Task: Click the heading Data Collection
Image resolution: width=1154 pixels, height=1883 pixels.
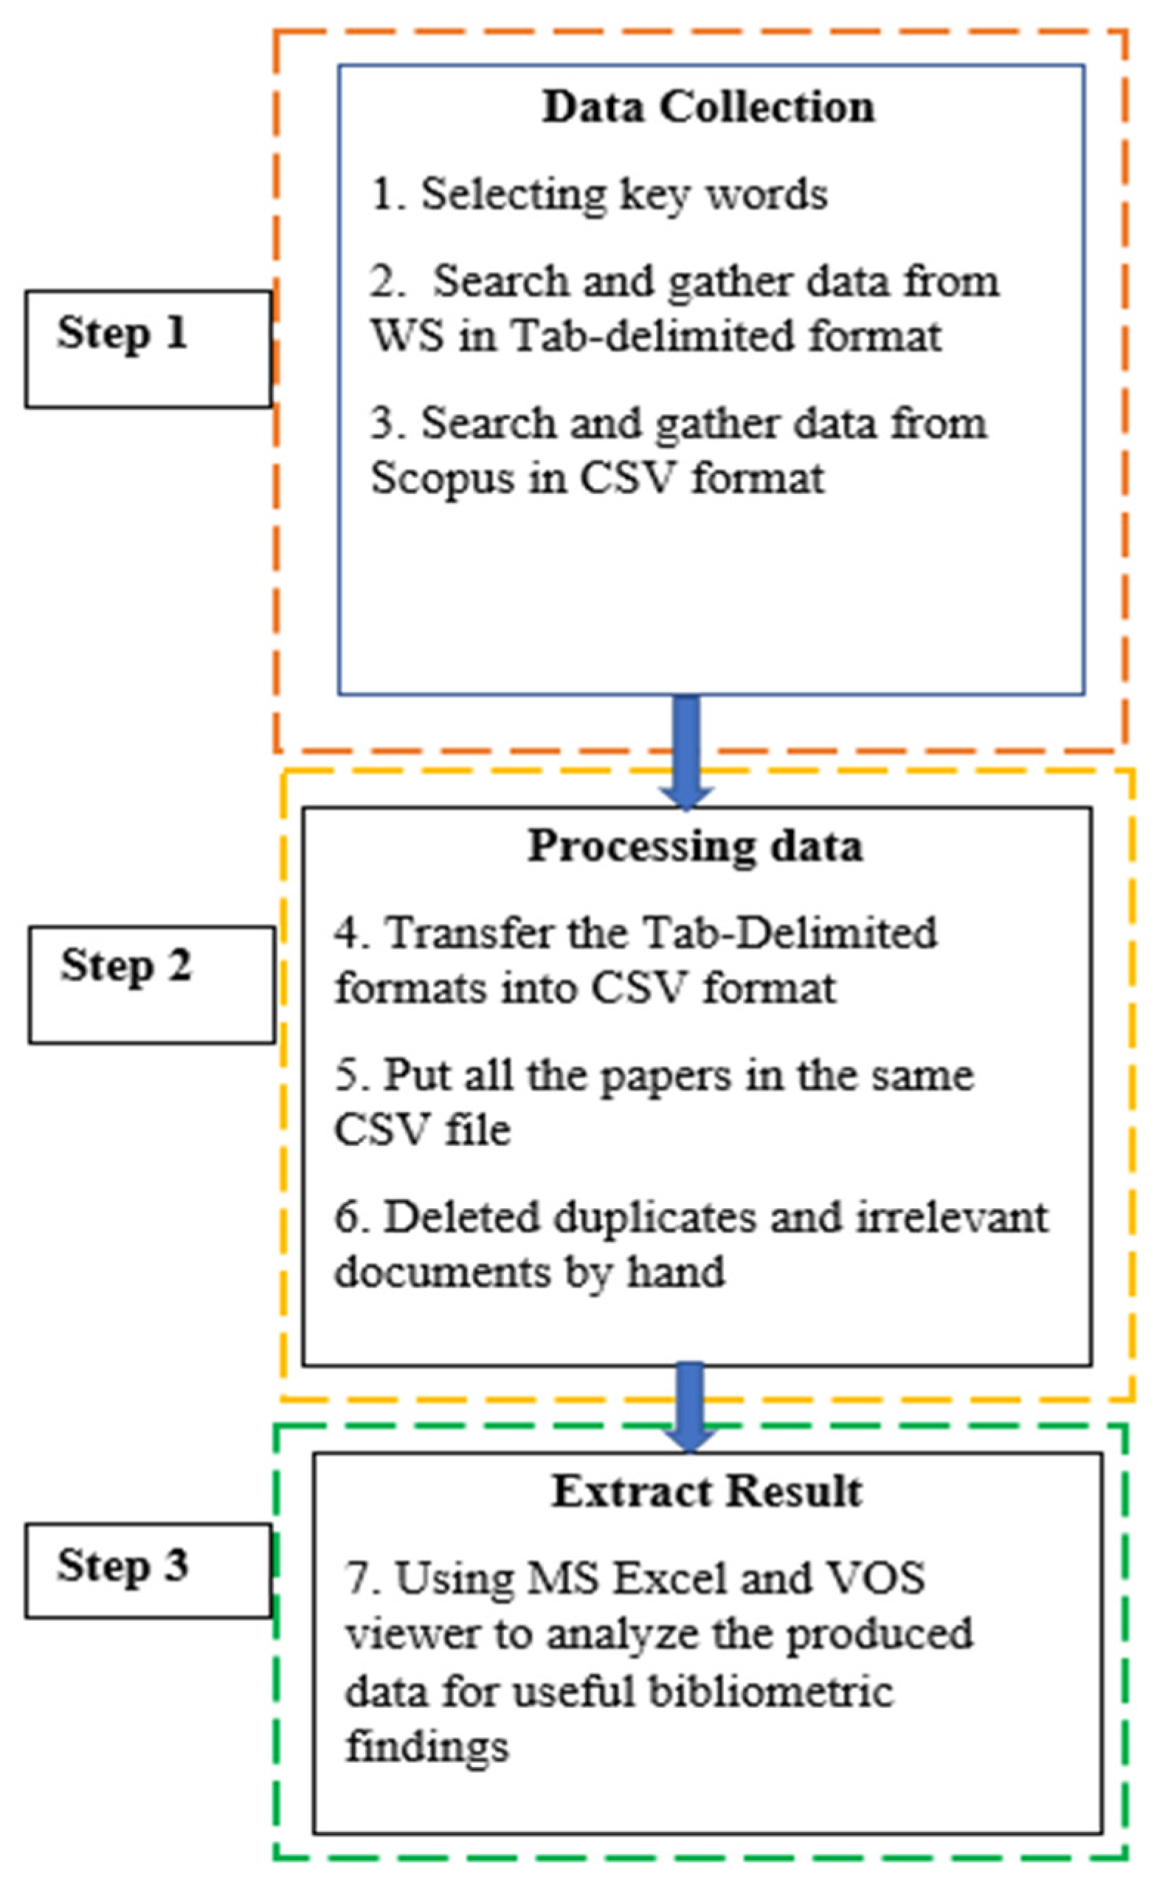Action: point(708,107)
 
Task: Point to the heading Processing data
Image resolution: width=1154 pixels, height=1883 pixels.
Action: point(695,847)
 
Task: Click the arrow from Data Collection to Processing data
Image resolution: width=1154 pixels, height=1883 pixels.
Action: point(687,752)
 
